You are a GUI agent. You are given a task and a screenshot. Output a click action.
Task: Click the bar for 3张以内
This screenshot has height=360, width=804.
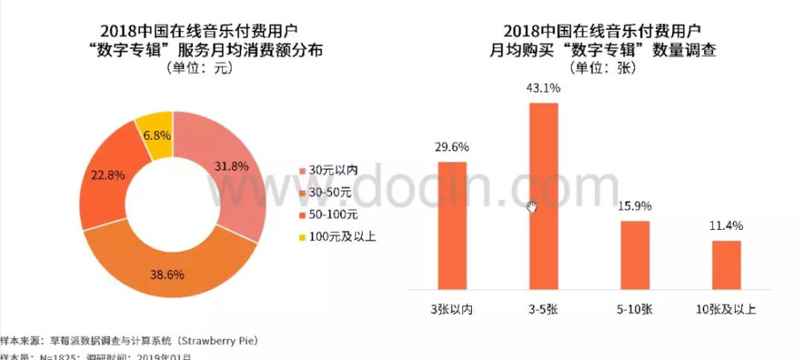click(x=452, y=224)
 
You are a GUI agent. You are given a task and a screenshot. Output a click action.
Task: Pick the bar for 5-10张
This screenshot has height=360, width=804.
click(x=634, y=254)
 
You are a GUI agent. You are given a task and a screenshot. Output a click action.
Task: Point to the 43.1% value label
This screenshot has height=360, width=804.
click(x=544, y=88)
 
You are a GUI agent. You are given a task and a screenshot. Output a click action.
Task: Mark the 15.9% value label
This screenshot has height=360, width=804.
click(x=635, y=207)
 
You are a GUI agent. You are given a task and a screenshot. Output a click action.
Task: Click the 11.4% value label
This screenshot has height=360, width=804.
click(x=726, y=226)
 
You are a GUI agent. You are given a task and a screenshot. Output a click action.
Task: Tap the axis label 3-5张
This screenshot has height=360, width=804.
click(x=544, y=310)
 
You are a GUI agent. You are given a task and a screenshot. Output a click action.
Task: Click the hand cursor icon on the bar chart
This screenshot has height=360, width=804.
click(x=531, y=207)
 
